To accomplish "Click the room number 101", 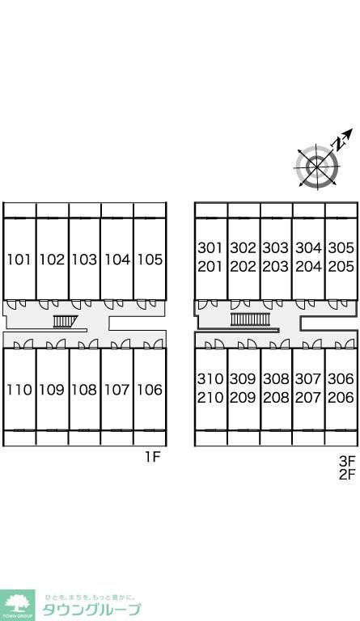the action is [x=19, y=260].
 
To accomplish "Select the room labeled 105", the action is [x=150, y=260].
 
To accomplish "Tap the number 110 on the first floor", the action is [x=19, y=390].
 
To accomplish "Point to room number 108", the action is [x=84, y=390].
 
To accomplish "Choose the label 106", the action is [x=150, y=390].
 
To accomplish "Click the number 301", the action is [x=210, y=248].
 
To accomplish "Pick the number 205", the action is [x=341, y=267].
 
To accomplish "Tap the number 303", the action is [x=276, y=248].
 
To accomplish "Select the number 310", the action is [x=210, y=378].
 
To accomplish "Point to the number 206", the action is [x=341, y=397].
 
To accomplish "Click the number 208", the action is [x=276, y=397].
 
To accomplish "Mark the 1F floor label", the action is [x=152, y=457].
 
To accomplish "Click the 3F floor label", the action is [x=347, y=461].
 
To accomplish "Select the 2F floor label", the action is [x=347, y=474].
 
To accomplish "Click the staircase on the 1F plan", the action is [x=65, y=321].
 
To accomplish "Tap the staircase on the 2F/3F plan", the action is [x=250, y=319].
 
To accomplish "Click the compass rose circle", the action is [x=317, y=166].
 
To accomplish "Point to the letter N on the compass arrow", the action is [x=338, y=143].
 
